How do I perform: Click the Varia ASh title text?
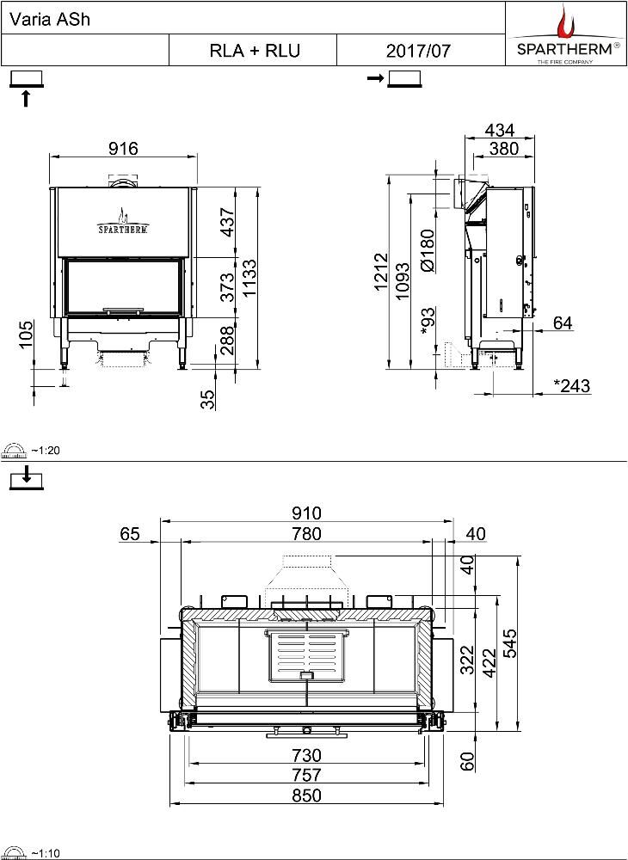[x=41, y=21]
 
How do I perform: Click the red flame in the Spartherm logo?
[x=565, y=21]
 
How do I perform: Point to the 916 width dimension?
[x=123, y=148]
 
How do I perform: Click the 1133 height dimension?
[x=249, y=279]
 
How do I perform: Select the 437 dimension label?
[x=226, y=223]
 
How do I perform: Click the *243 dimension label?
[x=571, y=385]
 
